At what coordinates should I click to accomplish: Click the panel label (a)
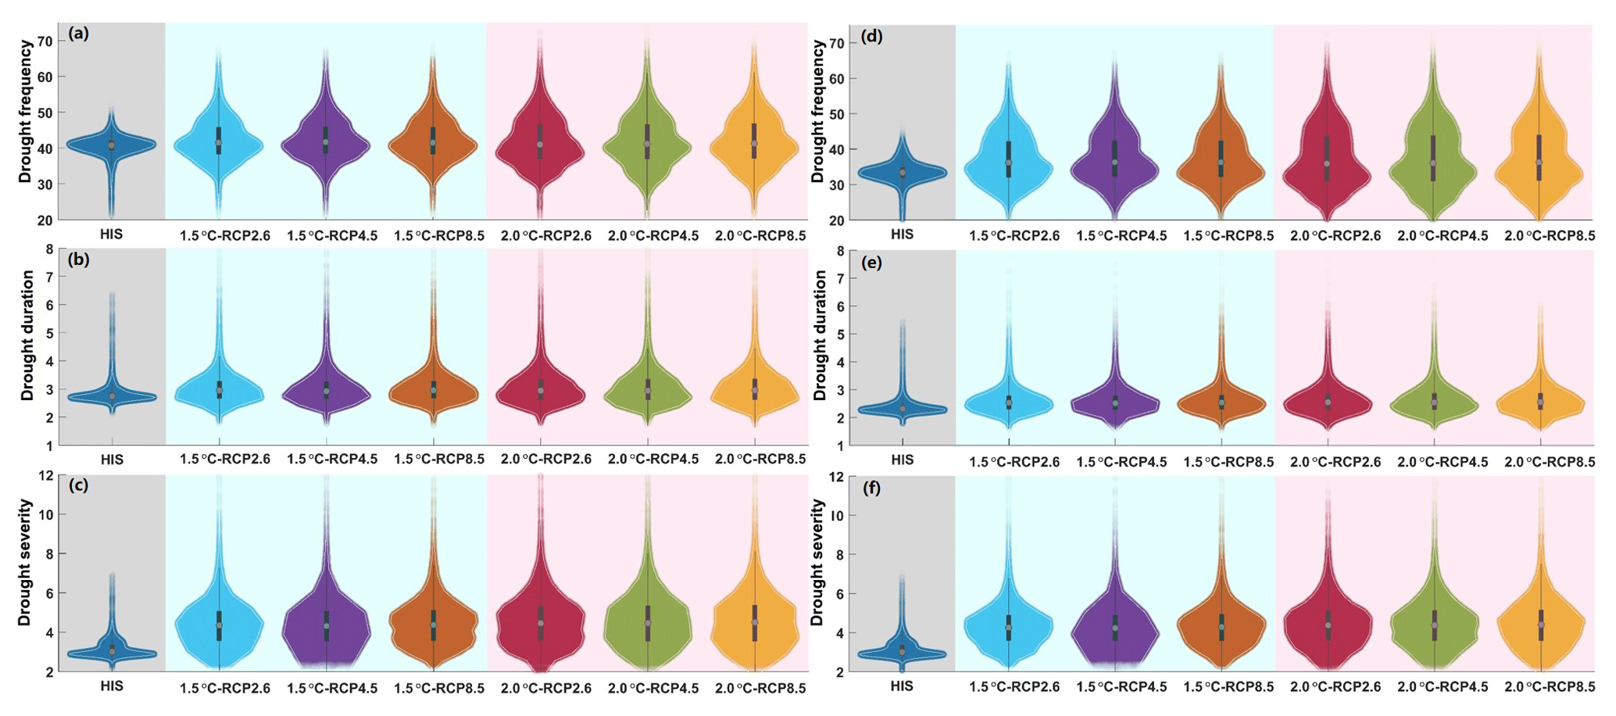pos(79,34)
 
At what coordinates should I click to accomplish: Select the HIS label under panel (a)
pos(111,234)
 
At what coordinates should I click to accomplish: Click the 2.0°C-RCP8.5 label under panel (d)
pos(1550,236)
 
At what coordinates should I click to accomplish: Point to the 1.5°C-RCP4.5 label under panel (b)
pos(332,460)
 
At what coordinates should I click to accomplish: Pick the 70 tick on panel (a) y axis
pos(45,41)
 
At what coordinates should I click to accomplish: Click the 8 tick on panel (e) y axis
pos(839,251)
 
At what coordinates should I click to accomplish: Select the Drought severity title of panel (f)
pos(817,562)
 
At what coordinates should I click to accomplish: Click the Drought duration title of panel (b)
pos(27,335)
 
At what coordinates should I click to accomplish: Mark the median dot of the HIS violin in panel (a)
pos(111,145)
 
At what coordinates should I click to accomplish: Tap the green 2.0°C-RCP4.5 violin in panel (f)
pos(1434,618)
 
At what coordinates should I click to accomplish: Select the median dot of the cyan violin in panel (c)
pos(220,625)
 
